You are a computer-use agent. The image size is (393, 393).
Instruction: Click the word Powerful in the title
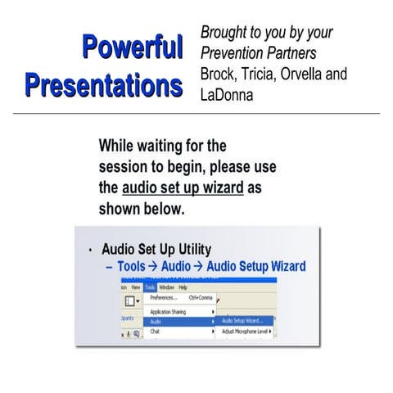(x=132, y=48)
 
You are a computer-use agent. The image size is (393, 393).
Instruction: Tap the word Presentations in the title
(x=103, y=84)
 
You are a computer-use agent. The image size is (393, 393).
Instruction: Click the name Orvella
(x=312, y=75)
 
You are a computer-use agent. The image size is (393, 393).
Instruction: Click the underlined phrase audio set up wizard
(x=183, y=187)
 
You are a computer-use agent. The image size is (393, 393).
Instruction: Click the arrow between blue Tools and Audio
(x=153, y=266)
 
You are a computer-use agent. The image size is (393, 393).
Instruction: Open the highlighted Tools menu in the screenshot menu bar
(x=150, y=287)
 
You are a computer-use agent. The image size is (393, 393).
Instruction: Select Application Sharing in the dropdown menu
(x=168, y=312)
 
